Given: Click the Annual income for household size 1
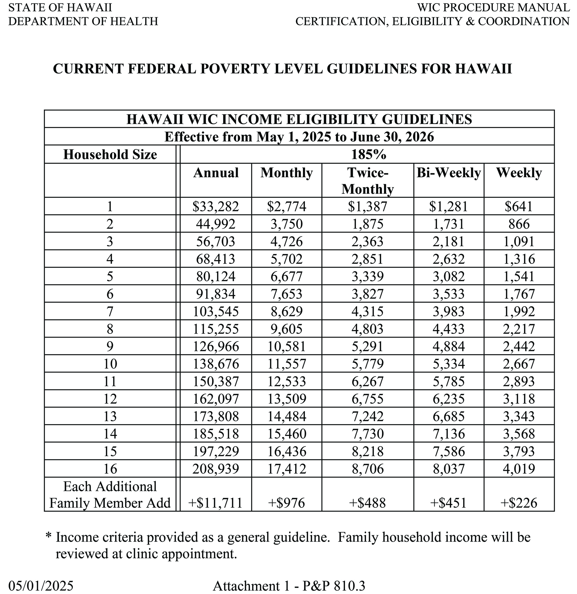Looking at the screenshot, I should pyautogui.click(x=216, y=206).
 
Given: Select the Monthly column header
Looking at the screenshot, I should pyautogui.click(x=286, y=173).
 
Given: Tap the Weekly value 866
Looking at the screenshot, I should pyautogui.click(x=519, y=224).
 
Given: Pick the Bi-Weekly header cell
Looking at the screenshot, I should pyautogui.click(x=448, y=173).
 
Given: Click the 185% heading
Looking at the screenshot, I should pyautogui.click(x=368, y=155).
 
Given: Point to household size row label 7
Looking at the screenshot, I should pyautogui.click(x=110, y=311).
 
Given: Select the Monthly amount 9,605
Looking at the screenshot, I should pyautogui.click(x=286, y=329).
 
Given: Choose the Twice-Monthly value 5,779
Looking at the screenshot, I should pyautogui.click(x=367, y=364).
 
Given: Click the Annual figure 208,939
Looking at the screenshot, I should pyautogui.click(x=216, y=469).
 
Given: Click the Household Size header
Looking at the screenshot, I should pyautogui.click(x=110, y=155).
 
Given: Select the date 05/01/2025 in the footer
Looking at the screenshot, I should pyautogui.click(x=41, y=586).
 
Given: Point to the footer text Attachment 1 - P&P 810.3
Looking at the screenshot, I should pyautogui.click(x=289, y=586).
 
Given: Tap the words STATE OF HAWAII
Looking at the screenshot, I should pyautogui.click(x=60, y=7).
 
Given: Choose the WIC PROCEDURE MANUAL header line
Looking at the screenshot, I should pyautogui.click(x=493, y=7).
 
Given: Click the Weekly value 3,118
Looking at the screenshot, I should pyautogui.click(x=519, y=399).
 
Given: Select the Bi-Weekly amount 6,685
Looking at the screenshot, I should pyautogui.click(x=448, y=416).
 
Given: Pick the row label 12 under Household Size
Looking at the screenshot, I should pyautogui.click(x=110, y=399).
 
